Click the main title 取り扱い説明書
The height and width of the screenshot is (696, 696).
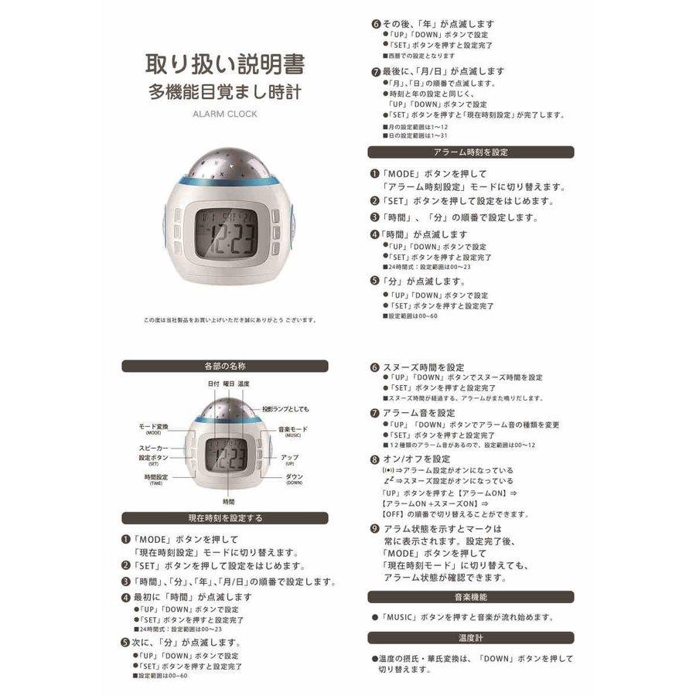pyautogui.click(x=225, y=63)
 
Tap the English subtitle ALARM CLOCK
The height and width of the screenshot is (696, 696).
pyautogui.click(x=225, y=114)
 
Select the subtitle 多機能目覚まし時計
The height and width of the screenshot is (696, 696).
pyautogui.click(x=225, y=92)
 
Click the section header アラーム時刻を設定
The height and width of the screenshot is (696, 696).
pyautogui.click(x=470, y=152)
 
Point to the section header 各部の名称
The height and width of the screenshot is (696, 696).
pyautogui.click(x=225, y=366)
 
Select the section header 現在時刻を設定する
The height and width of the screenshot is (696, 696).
pyautogui.click(x=225, y=517)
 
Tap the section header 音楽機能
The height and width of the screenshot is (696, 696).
pyautogui.click(x=470, y=597)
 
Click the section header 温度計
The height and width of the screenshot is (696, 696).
pyautogui.click(x=470, y=638)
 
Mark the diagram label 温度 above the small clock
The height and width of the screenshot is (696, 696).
pyautogui.click(x=244, y=384)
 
